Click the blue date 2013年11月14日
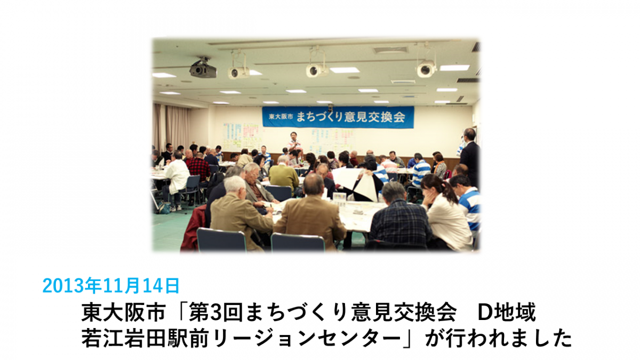click(x=111, y=285)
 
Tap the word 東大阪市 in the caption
click(x=124, y=313)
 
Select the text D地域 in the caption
click(x=507, y=313)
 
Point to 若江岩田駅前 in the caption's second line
click(x=145, y=338)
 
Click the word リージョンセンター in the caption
click(x=307, y=338)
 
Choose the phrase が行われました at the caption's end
click(x=499, y=338)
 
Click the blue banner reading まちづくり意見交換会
click(x=338, y=117)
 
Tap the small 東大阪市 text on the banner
click(x=281, y=117)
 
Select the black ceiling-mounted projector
click(x=203, y=68)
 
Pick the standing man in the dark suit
click(x=469, y=156)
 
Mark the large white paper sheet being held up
click(x=357, y=183)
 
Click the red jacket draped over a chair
click(x=194, y=229)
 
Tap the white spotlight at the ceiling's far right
click(x=426, y=69)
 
